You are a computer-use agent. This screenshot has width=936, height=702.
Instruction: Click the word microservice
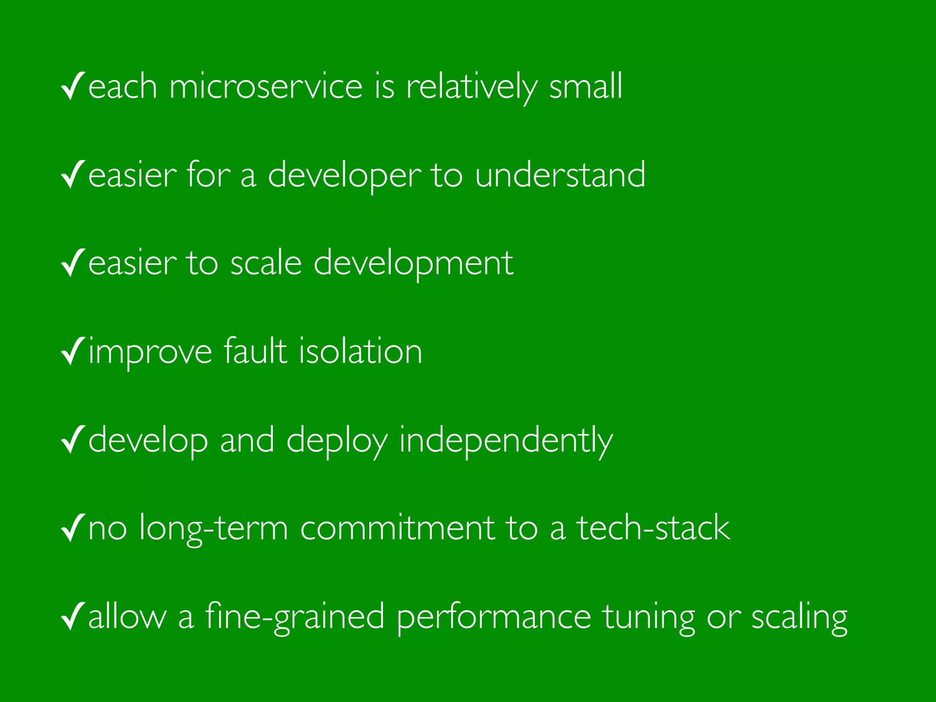tap(266, 86)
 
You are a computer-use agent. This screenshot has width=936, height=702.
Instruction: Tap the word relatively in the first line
tap(471, 86)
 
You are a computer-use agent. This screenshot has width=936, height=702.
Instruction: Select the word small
tap(585, 86)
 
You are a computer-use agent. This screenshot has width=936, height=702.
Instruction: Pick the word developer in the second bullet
tap(344, 176)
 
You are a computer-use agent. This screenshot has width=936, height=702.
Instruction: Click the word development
tap(414, 264)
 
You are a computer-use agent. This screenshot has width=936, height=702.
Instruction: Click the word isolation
tap(361, 351)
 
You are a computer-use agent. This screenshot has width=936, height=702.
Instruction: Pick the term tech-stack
tap(654, 528)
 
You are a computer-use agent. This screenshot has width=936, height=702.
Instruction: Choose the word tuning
tap(649, 617)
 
